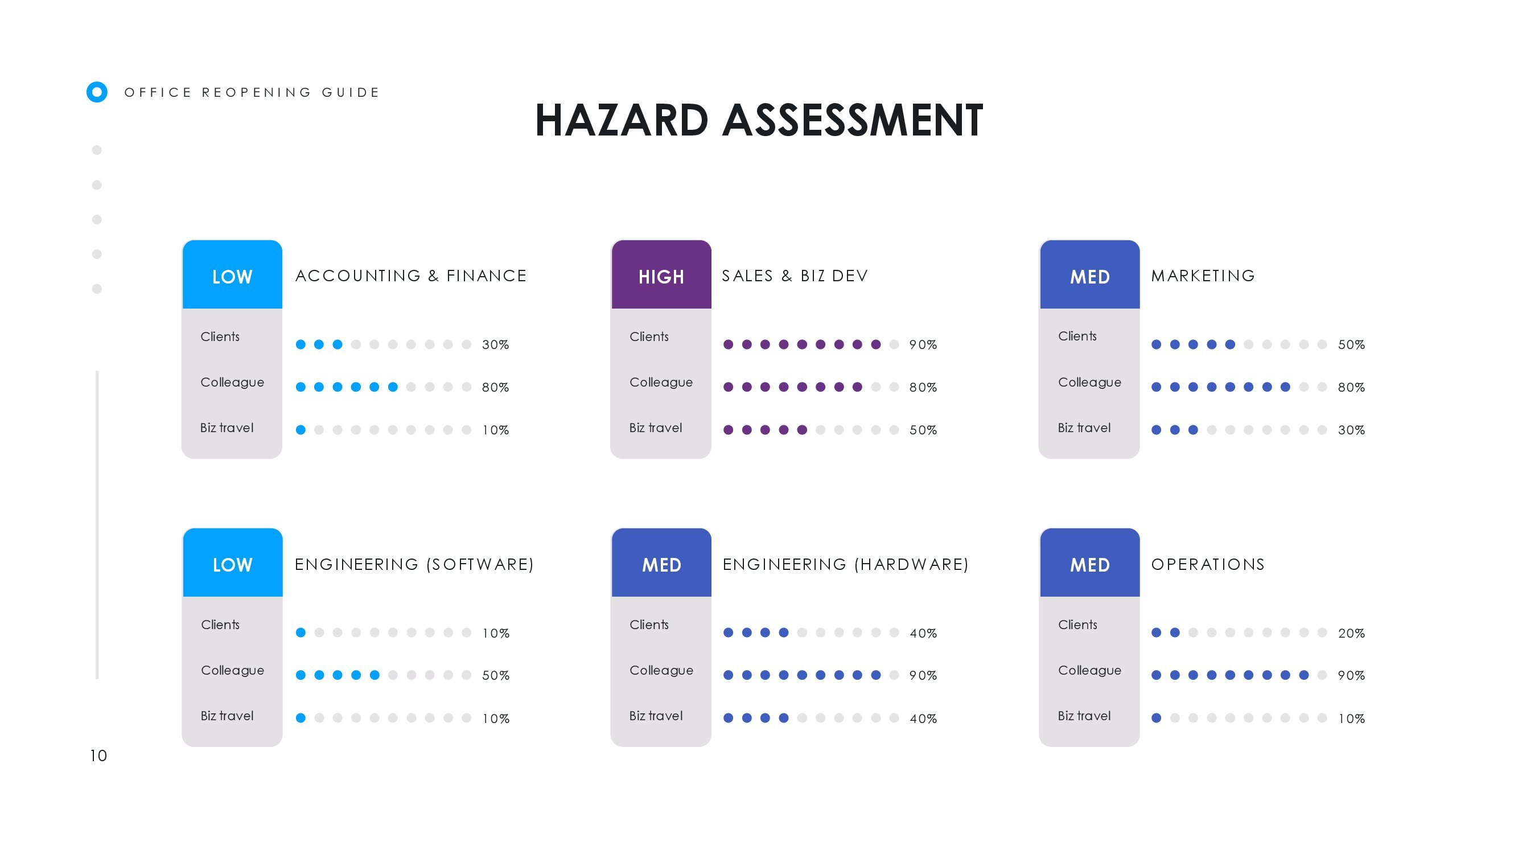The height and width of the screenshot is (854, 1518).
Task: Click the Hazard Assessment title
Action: (759, 120)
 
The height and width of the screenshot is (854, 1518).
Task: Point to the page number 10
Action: (98, 756)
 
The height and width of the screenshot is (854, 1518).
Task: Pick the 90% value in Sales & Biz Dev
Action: (923, 345)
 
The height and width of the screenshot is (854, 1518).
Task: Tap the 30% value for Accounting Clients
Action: (496, 345)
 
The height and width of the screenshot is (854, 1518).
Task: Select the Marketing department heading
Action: (1203, 276)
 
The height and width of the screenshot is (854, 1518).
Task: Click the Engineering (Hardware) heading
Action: (846, 565)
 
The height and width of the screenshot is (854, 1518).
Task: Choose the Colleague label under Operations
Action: (1089, 671)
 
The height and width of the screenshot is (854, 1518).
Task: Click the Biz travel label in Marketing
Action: (1084, 428)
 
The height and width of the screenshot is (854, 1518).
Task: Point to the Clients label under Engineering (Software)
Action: (220, 625)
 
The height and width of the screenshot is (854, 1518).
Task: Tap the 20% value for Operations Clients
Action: (1351, 634)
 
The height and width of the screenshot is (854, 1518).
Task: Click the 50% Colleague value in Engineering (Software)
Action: (496, 675)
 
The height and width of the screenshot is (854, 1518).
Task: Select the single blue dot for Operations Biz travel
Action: (1156, 718)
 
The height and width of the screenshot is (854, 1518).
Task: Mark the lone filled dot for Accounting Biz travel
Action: (301, 430)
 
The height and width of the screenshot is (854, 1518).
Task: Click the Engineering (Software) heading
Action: (414, 565)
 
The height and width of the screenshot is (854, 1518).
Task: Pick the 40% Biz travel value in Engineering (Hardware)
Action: (923, 719)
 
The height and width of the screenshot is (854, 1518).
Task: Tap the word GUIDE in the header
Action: (350, 93)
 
